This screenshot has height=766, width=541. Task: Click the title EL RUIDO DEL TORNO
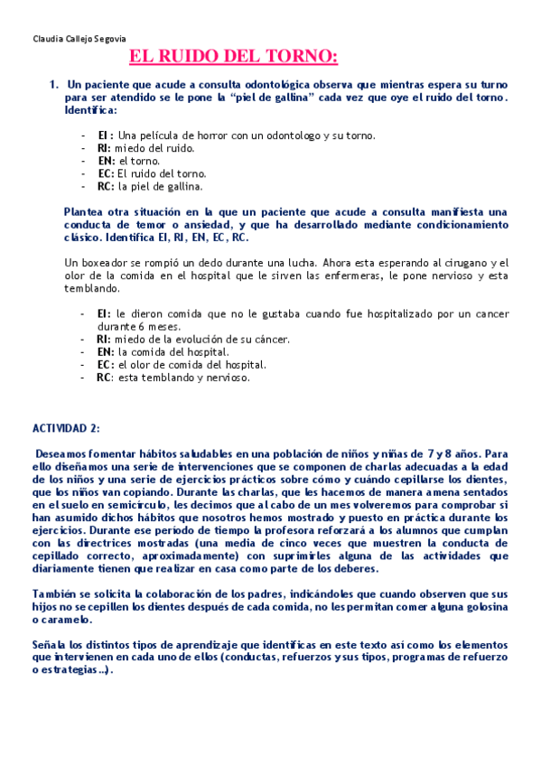click(x=233, y=59)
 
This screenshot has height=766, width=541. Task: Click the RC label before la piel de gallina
click(x=105, y=186)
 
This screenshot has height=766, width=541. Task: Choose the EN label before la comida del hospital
click(x=105, y=352)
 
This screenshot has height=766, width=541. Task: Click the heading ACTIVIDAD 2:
click(x=67, y=428)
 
